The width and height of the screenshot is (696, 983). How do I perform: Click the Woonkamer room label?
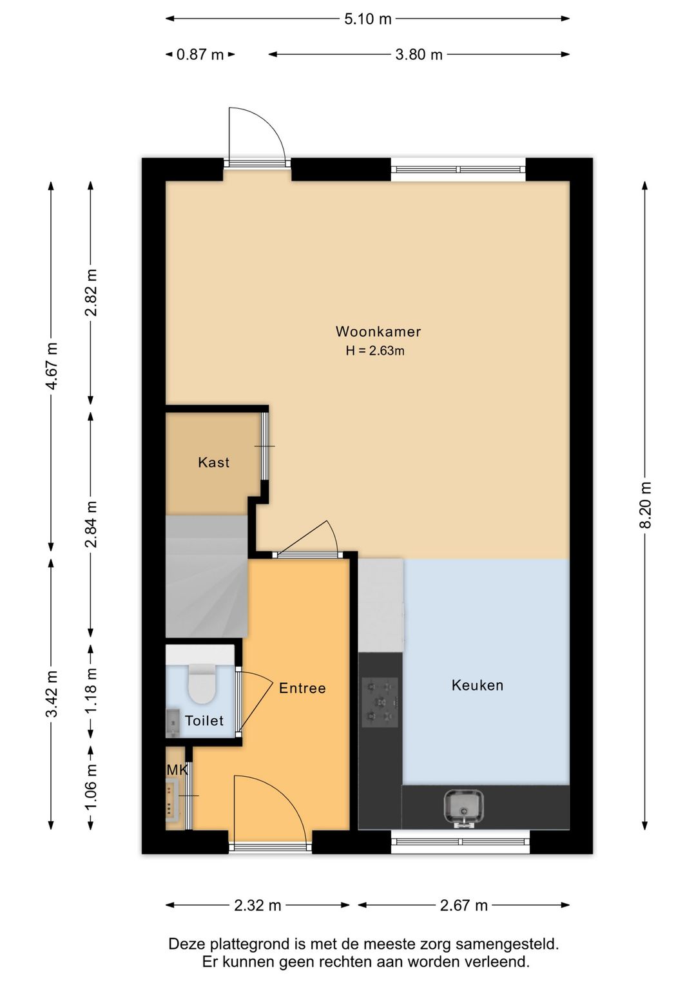click(x=378, y=331)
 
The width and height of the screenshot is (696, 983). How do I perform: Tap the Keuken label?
click(x=478, y=685)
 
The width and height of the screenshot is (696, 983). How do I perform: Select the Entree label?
click(x=302, y=688)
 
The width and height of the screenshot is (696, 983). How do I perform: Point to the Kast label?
click(x=214, y=462)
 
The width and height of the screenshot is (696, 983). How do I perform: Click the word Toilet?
click(x=204, y=720)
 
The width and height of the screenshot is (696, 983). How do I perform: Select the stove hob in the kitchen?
click(x=380, y=702)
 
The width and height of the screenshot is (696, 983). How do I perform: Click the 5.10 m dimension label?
click(x=367, y=19)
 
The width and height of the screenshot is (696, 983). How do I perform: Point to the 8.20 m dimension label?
click(x=645, y=504)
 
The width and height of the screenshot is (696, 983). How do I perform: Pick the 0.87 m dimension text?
click(x=200, y=55)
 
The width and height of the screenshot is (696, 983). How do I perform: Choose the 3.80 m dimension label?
click(x=419, y=55)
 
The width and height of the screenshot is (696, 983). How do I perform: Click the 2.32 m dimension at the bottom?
click(x=258, y=905)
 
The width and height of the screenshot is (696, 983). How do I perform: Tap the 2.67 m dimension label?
click(x=464, y=905)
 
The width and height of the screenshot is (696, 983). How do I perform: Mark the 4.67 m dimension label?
click(x=52, y=366)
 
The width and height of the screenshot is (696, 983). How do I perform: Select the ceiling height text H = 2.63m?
click(x=375, y=351)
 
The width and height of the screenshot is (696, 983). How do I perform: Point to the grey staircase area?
click(x=206, y=576)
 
